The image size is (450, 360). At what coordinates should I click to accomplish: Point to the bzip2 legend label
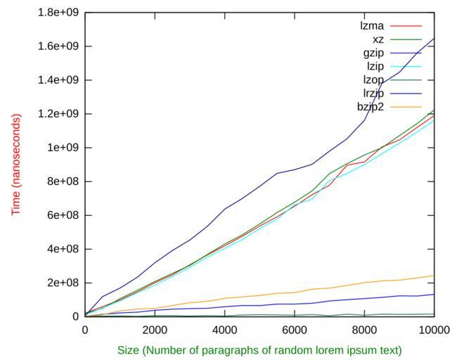(x=371, y=107)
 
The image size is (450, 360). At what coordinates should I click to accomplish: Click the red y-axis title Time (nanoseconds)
(x=15, y=164)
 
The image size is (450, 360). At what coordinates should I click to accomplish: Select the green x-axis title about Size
(x=259, y=350)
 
